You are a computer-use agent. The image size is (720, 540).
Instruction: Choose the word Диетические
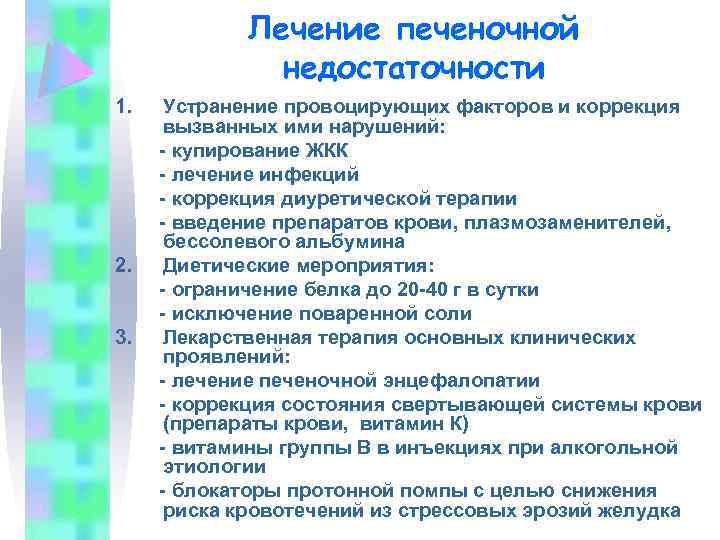click(228, 266)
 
